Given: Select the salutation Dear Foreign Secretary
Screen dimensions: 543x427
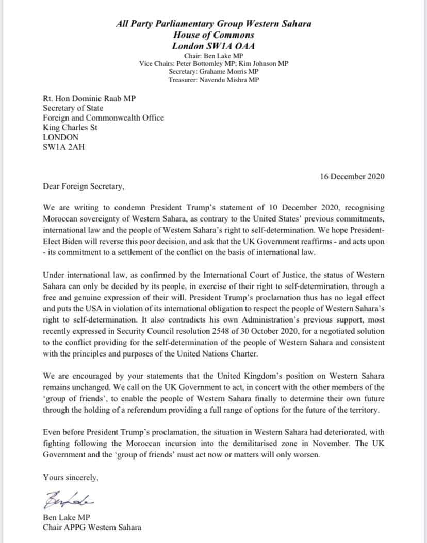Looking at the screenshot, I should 84,186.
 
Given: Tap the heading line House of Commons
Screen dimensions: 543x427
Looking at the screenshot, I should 213,35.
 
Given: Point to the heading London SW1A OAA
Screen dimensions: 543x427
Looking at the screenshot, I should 213,46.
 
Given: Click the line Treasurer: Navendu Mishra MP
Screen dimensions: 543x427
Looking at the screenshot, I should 213,80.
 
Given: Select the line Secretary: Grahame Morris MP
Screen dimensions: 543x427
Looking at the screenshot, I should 213,72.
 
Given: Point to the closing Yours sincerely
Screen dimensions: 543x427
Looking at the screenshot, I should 71,478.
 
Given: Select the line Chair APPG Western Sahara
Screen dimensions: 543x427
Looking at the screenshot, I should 92,527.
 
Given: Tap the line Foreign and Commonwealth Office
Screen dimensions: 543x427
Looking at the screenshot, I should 104,117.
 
